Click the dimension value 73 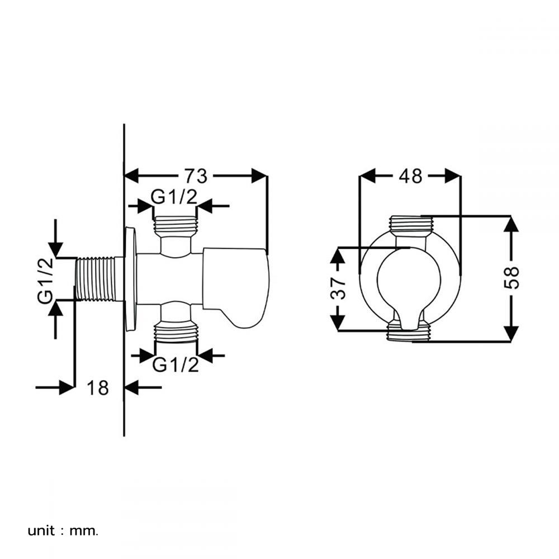196,176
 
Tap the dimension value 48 410,176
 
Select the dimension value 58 511,278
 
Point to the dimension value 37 339,288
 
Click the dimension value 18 98,387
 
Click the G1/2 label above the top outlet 176,197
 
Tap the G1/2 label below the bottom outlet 176,365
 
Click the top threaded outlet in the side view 176,225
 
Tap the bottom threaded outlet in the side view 176,332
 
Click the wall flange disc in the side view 130,278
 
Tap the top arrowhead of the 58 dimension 511,224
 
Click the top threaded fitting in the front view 410,225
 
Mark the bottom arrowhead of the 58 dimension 511,333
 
